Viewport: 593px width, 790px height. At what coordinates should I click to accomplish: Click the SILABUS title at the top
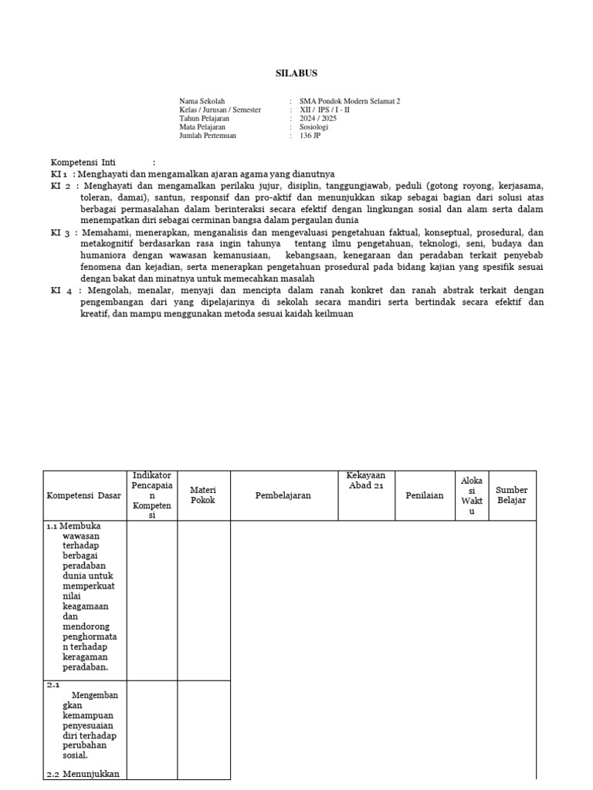click(x=296, y=73)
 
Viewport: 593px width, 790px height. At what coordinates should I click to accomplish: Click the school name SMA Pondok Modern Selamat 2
click(x=350, y=101)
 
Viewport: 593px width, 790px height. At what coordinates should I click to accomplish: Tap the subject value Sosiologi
click(x=314, y=127)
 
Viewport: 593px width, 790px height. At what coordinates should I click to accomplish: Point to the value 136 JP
click(x=310, y=136)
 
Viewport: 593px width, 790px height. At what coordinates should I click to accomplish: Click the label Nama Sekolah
click(x=202, y=101)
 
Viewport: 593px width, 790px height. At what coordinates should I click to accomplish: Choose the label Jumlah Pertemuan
click(x=208, y=136)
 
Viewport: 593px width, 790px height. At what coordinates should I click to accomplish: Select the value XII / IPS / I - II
click(x=325, y=110)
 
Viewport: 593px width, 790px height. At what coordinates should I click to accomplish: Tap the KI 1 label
click(x=60, y=174)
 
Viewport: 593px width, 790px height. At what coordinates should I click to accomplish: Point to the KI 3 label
click(x=60, y=233)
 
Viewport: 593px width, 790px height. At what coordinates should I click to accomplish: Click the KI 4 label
click(x=60, y=291)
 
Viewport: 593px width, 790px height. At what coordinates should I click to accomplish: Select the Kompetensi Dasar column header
click(x=83, y=495)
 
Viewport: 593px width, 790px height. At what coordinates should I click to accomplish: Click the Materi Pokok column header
click(x=203, y=495)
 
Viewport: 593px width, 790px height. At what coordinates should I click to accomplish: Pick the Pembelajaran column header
click(x=283, y=495)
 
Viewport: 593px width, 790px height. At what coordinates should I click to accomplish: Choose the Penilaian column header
click(x=425, y=495)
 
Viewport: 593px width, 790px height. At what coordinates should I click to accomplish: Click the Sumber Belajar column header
click(x=512, y=495)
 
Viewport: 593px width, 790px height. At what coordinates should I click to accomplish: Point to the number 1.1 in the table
click(x=52, y=526)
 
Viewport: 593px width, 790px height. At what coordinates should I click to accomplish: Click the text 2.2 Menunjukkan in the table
click(x=83, y=773)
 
